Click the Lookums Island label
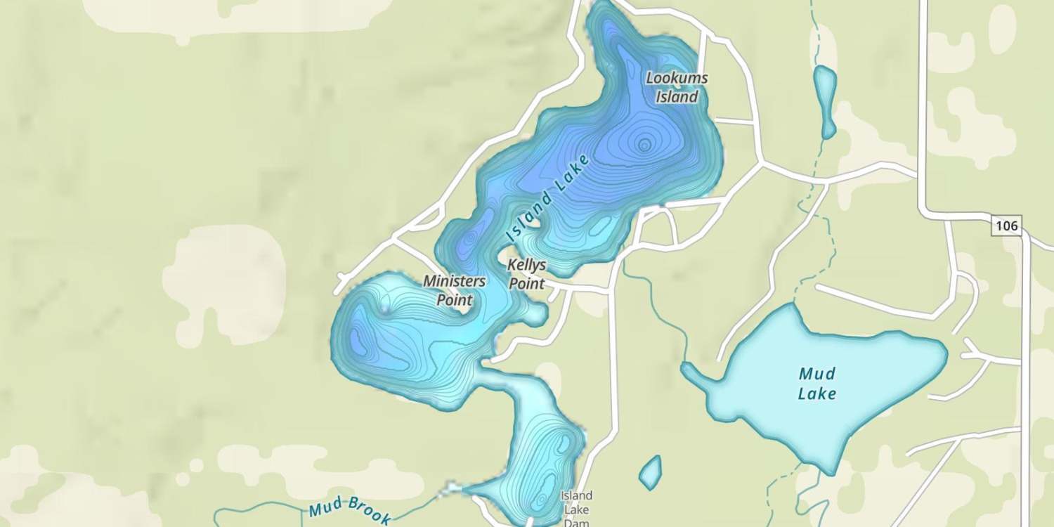click(x=677, y=88)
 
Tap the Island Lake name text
click(x=547, y=199)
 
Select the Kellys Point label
click(x=526, y=275)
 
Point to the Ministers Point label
click(x=454, y=290)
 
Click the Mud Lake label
click(x=817, y=384)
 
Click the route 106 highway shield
click(x=1007, y=226)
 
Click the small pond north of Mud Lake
click(x=825, y=98)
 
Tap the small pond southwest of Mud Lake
click(x=650, y=473)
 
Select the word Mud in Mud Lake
click(x=817, y=374)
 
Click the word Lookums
click(x=677, y=78)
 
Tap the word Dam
click(x=576, y=522)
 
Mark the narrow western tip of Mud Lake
click(x=687, y=368)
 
